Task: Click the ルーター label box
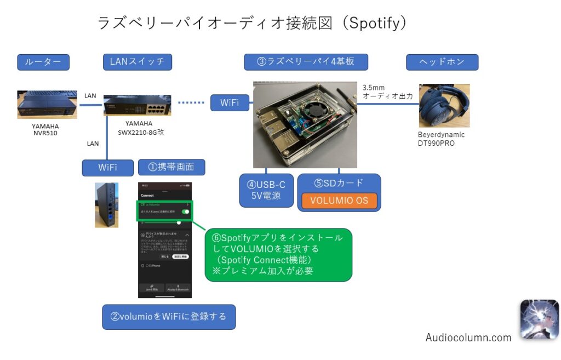pos(44,62)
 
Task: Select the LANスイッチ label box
pos(137,62)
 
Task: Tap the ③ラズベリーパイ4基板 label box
pos(306,62)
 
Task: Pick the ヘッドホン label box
pos(442,62)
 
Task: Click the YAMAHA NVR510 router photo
pos(47,104)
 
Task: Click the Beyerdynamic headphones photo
pos(444,105)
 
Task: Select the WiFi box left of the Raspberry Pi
pos(230,102)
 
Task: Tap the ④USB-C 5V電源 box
pos(266,190)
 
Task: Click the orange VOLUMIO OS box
pos(339,201)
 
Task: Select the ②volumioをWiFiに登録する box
pos(169,317)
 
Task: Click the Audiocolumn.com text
pos(468,338)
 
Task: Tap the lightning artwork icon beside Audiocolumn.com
pos(539,319)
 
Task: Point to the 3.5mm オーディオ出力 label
pos(387,92)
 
